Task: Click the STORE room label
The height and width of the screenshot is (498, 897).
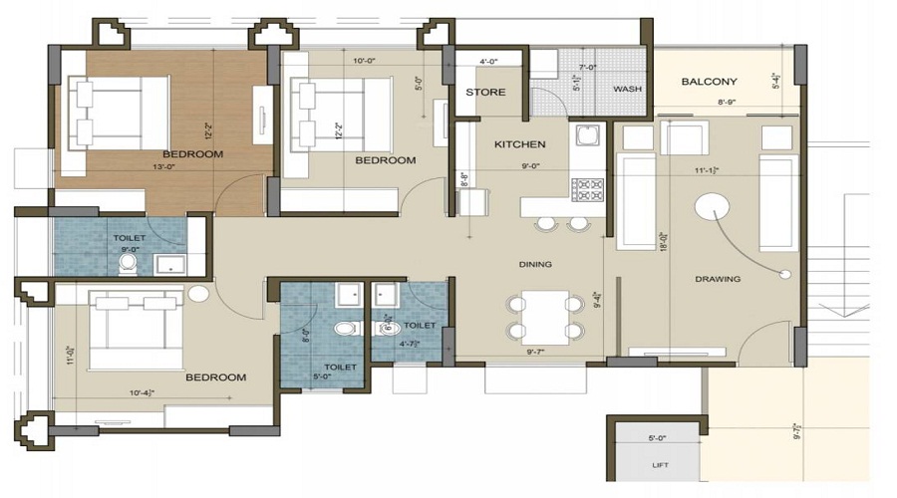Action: click(485, 93)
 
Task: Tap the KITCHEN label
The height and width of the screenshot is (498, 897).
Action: click(519, 144)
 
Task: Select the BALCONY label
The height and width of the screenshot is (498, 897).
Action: click(709, 82)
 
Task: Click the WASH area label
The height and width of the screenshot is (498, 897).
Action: click(627, 89)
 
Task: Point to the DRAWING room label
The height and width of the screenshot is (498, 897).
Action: click(718, 279)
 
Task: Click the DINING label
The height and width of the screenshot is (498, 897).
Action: click(534, 264)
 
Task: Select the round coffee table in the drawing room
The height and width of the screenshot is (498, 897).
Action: click(712, 208)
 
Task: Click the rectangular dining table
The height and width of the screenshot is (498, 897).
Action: click(544, 317)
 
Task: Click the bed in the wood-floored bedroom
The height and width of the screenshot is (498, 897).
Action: click(118, 113)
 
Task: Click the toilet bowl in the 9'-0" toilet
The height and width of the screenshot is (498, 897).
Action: click(128, 263)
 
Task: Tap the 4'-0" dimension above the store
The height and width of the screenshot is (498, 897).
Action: click(488, 62)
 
